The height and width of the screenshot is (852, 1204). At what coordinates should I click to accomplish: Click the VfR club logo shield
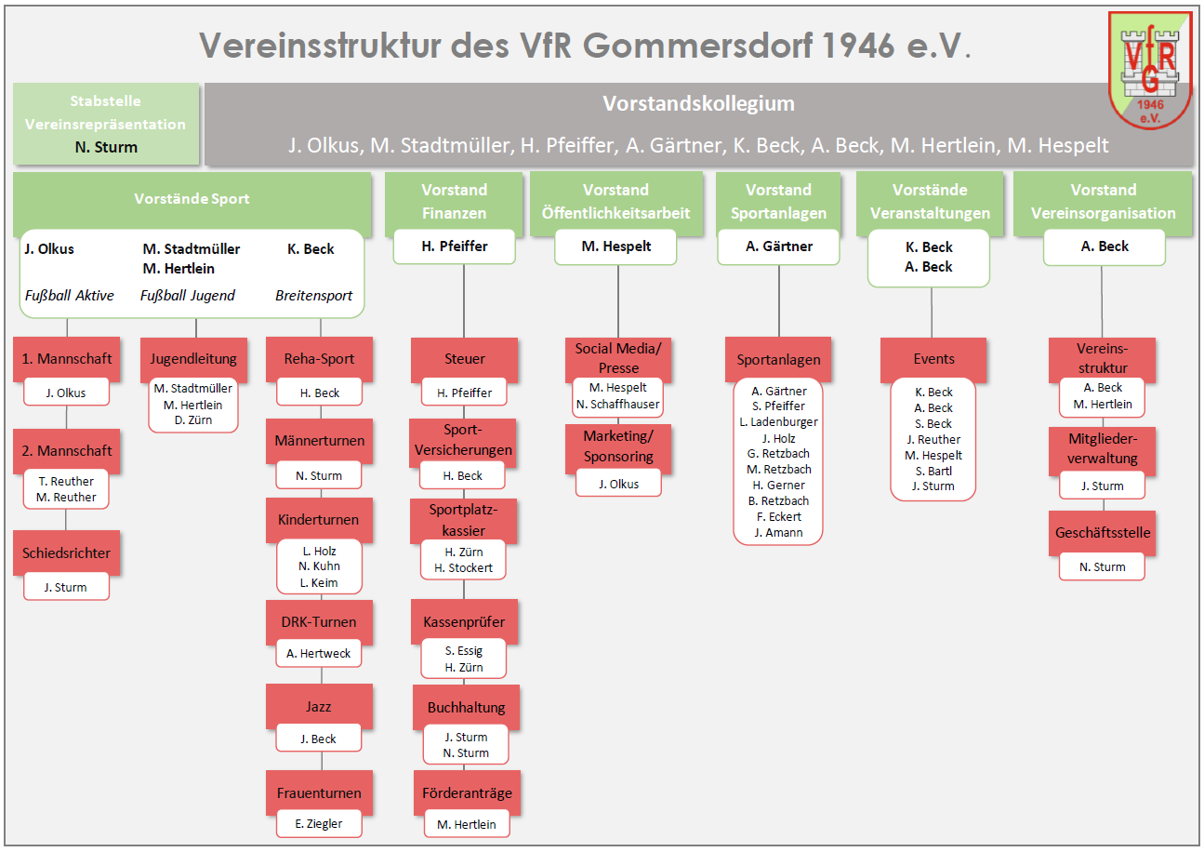1150,71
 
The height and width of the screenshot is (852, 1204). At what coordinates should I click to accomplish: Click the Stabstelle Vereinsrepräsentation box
105,123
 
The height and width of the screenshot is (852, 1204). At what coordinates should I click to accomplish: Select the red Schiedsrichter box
66,552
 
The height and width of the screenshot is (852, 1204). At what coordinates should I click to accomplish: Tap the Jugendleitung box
193,358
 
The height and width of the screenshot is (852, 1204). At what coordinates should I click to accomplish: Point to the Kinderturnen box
318,519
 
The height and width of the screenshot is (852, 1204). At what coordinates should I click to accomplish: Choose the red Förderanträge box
467,792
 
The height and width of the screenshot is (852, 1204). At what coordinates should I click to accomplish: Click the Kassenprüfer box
464,621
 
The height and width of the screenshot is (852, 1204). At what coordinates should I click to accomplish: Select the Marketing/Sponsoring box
618,446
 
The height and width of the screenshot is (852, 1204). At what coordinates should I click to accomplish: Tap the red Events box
933,358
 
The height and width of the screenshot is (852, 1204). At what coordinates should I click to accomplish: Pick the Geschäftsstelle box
1103,533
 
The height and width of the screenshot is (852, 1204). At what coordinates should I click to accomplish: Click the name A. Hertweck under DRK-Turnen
319,653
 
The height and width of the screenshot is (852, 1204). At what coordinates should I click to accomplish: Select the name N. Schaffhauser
618,404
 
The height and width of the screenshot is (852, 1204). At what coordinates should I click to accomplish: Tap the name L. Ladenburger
778,421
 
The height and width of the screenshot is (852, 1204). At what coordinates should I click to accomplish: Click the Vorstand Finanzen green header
454,201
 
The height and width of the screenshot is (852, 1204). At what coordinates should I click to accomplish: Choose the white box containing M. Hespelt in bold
616,246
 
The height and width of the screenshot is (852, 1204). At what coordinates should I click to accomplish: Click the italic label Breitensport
313,295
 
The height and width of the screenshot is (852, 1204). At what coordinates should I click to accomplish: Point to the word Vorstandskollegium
698,103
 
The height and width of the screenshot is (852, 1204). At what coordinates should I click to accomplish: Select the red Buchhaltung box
467,707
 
